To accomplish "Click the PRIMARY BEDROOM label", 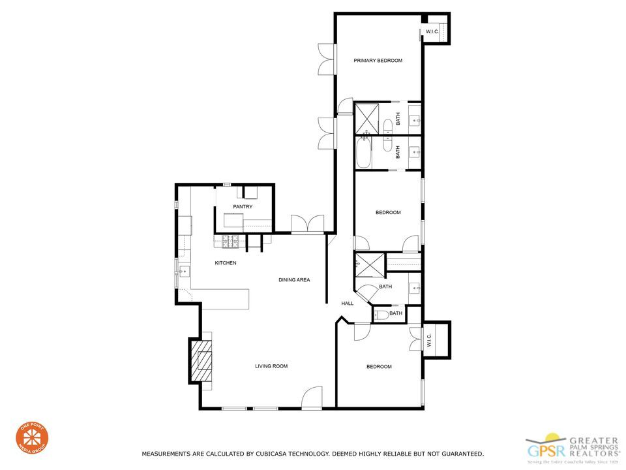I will (378, 61).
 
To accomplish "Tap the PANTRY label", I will (243, 207).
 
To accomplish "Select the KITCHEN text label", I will (226, 263).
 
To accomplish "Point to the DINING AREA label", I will (294, 280).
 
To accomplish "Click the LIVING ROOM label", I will (271, 366).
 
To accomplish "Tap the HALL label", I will (348, 304).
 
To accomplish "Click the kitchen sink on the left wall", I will (184, 271).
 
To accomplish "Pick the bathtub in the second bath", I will (364, 152).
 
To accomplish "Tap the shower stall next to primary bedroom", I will (366, 118).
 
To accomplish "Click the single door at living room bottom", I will (312, 398).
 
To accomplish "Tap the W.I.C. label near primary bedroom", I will (432, 31).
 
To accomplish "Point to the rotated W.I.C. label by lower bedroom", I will (429, 341).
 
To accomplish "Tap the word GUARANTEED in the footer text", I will (458, 453).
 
